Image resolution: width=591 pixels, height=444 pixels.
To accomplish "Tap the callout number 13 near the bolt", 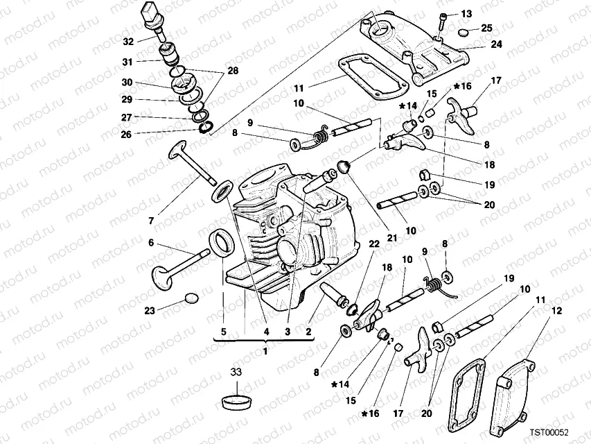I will (466, 14).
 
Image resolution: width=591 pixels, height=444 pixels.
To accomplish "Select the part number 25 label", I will (486, 28).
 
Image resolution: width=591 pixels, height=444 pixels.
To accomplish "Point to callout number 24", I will (496, 44).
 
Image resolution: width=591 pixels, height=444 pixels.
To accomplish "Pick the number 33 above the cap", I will (236, 373).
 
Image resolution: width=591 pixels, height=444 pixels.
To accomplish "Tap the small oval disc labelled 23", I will (192, 300).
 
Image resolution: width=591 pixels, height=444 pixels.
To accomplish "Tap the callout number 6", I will (150, 244).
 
